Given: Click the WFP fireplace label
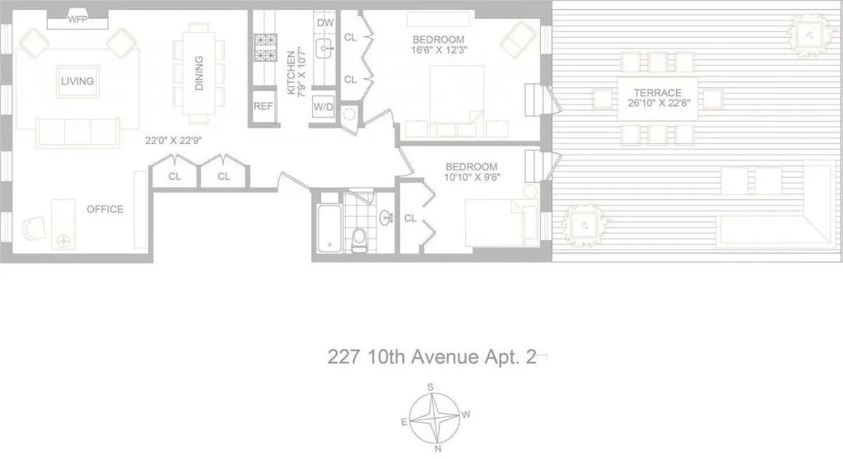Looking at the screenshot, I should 77,19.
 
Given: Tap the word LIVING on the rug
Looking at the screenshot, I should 77,81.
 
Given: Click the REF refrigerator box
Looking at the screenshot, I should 263,106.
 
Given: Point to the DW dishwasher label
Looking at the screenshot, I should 324,22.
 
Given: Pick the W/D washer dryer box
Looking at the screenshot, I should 323,107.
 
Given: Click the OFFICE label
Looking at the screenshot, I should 105,209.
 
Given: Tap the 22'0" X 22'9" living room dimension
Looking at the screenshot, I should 174,141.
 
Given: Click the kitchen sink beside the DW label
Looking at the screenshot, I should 324,47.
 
